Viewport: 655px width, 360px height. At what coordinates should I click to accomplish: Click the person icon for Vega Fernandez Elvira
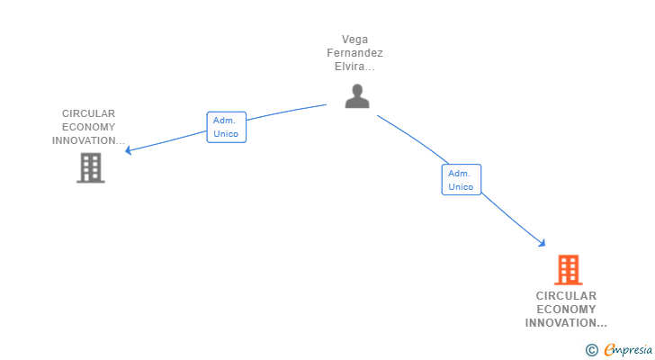357,95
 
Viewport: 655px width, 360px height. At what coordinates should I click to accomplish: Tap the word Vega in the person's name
355,40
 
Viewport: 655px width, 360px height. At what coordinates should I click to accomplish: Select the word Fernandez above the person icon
354,53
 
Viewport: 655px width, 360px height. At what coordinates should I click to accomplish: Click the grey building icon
90,167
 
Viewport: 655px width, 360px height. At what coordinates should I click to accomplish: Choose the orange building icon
568,269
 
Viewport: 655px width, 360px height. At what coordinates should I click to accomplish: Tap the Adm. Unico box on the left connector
226,127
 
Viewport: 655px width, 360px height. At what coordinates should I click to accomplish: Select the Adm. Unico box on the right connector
461,180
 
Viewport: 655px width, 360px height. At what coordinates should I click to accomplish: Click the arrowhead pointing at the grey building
129,150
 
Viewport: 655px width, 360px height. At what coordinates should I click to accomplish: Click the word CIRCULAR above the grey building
89,113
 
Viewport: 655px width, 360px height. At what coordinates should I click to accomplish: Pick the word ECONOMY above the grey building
89,127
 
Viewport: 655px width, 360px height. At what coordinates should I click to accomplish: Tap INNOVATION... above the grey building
89,140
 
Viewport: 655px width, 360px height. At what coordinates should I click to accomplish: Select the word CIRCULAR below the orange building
566,295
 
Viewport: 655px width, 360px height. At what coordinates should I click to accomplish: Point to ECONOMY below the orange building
566,309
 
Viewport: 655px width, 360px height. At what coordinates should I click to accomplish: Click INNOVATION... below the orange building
566,322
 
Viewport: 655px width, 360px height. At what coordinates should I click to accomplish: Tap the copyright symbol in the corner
592,349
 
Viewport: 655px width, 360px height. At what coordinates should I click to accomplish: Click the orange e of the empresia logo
609,349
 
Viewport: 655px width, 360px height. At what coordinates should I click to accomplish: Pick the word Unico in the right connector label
461,187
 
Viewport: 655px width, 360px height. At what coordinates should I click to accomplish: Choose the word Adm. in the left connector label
224,120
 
